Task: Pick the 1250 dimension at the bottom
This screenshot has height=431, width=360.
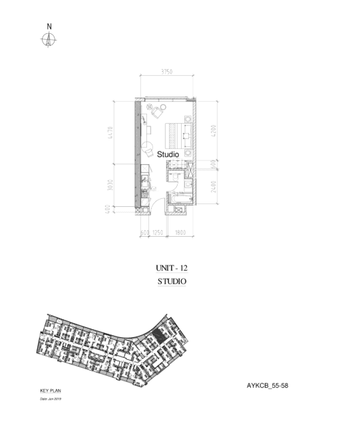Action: (x=157, y=233)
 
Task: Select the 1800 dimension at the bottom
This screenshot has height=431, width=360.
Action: (x=180, y=233)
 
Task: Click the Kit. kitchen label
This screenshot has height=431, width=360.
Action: (x=154, y=188)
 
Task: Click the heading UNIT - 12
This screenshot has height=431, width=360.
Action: (x=172, y=267)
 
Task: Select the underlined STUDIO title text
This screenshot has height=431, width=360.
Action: (x=172, y=281)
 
